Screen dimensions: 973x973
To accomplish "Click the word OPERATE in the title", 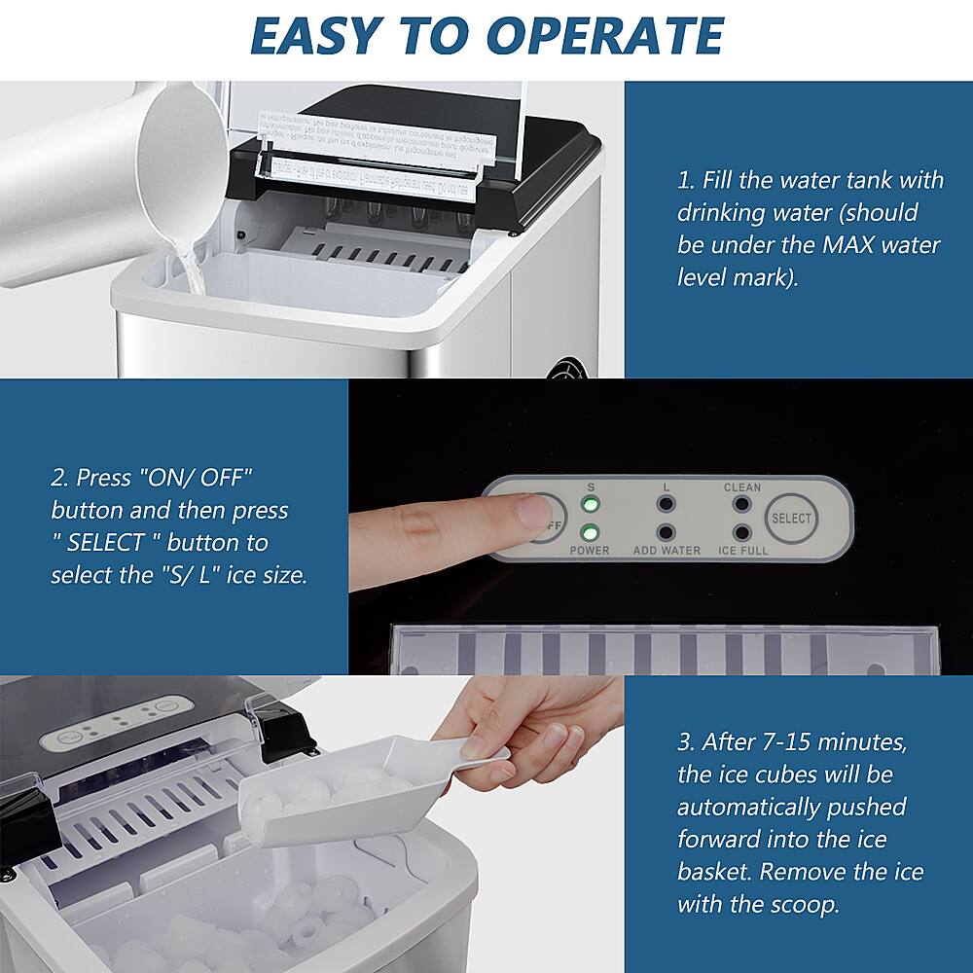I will click(x=604, y=35).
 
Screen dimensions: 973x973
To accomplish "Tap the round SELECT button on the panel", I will click(x=791, y=519).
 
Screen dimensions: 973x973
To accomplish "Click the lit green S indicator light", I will click(x=590, y=505).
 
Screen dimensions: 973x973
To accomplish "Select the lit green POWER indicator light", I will click(x=590, y=532).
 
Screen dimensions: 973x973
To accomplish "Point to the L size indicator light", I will click(x=666, y=505).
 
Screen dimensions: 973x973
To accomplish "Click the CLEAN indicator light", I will click(x=742, y=505).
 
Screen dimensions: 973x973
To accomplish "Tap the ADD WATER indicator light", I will click(x=666, y=532).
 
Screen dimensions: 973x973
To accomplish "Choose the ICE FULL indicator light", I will click(x=742, y=532).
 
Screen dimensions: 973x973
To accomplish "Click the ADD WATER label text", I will click(x=667, y=551).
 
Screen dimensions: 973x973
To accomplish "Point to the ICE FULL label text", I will click(x=743, y=551).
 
